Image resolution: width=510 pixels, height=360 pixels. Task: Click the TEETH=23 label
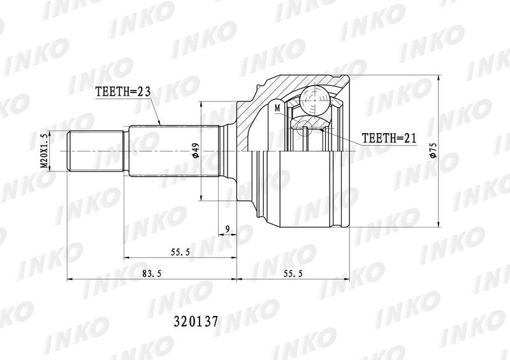point(122,92)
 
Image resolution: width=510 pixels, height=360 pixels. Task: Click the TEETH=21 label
point(389,138)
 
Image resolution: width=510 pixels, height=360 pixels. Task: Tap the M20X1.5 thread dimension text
point(44,151)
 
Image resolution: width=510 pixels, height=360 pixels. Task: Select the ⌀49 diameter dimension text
point(196,151)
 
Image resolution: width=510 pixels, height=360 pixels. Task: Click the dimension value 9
point(228,229)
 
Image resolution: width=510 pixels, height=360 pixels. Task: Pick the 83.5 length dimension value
point(152,273)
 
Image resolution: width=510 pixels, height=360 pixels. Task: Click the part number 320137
point(196,322)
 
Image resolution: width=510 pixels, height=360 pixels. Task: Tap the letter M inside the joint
point(277,108)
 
